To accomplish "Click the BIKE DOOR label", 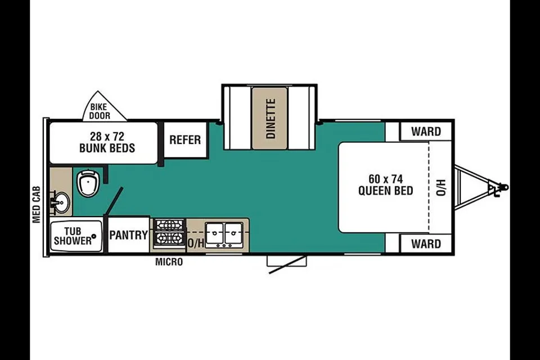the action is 100,111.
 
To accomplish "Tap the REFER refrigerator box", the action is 185,139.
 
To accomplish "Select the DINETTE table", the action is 269,118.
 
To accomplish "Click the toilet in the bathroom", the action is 88,183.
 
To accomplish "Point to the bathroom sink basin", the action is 61,202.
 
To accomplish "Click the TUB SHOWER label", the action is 73,236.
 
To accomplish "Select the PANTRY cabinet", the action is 128,235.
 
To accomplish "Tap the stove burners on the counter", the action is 169,232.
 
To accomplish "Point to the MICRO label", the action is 169,262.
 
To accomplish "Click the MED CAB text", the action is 37,205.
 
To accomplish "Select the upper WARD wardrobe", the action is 426,131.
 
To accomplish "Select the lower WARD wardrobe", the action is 426,244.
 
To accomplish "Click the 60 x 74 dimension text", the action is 385,179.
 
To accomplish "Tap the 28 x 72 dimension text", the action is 107,136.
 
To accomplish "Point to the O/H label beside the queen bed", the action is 441,187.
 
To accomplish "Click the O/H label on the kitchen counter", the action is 196,242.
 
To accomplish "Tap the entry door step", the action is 286,261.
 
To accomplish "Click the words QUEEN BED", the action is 386,191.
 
